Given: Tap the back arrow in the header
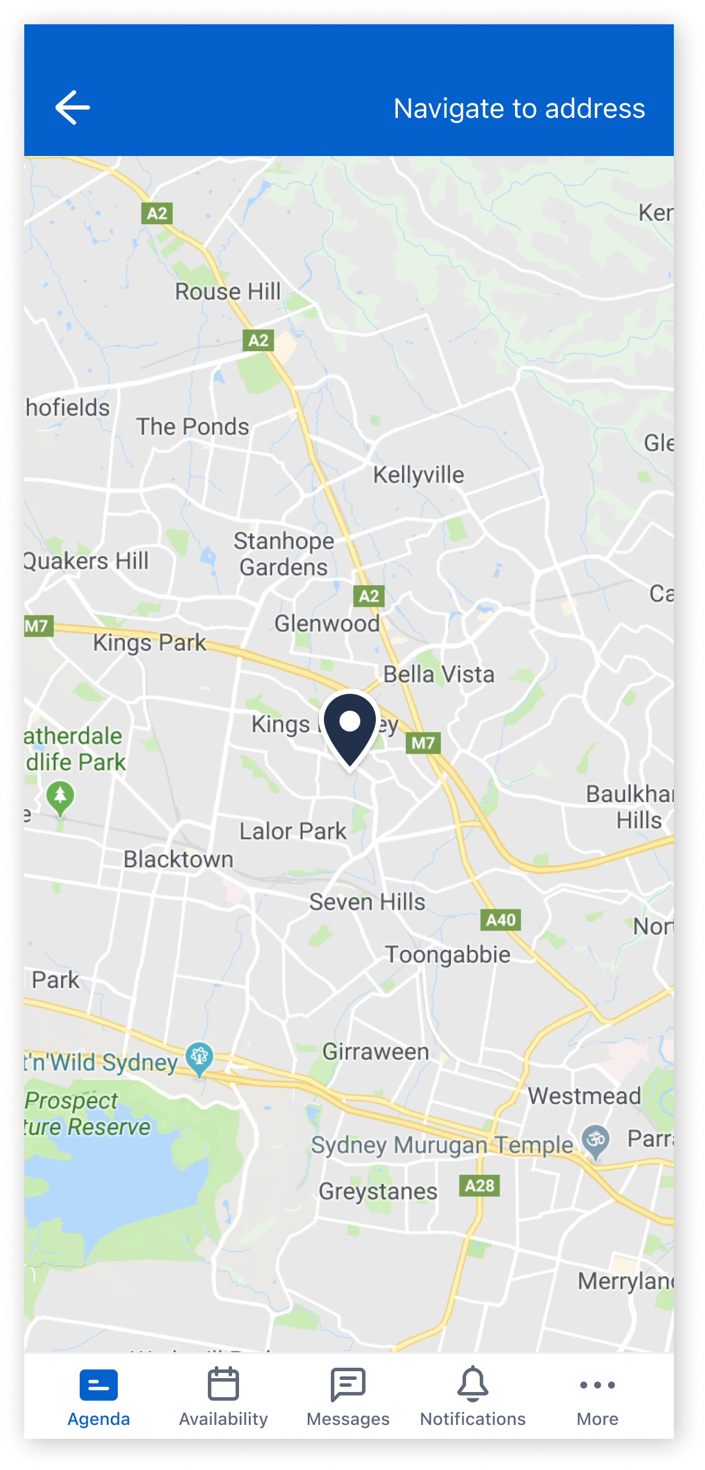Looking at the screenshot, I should coord(73,107).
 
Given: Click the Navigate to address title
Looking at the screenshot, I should coord(519,109).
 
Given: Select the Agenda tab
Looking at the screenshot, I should coord(99,1396).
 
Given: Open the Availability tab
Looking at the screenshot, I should coord(223,1396).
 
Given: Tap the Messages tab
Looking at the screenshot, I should coord(348,1396).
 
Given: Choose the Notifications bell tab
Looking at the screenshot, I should coord(473,1396).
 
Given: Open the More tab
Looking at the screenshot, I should coord(598,1396).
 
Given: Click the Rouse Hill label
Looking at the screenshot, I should coord(228,292).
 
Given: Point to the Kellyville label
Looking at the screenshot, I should coord(419,475).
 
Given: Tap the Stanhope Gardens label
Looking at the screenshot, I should coord(284,554).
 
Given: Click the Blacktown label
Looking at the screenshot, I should coord(178,859).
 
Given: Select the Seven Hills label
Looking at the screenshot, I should coord(367,902).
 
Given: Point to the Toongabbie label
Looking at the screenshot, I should coord(447,955).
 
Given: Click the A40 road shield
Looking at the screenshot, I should coord(501,920).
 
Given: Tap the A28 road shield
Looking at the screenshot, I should coord(479,1186).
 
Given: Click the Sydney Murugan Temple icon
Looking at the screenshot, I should coord(595,1140).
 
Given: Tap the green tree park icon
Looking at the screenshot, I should coord(60,797).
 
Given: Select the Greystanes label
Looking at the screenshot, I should coord(378,1191).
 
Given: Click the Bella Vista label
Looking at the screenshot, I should coord(439,674).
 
